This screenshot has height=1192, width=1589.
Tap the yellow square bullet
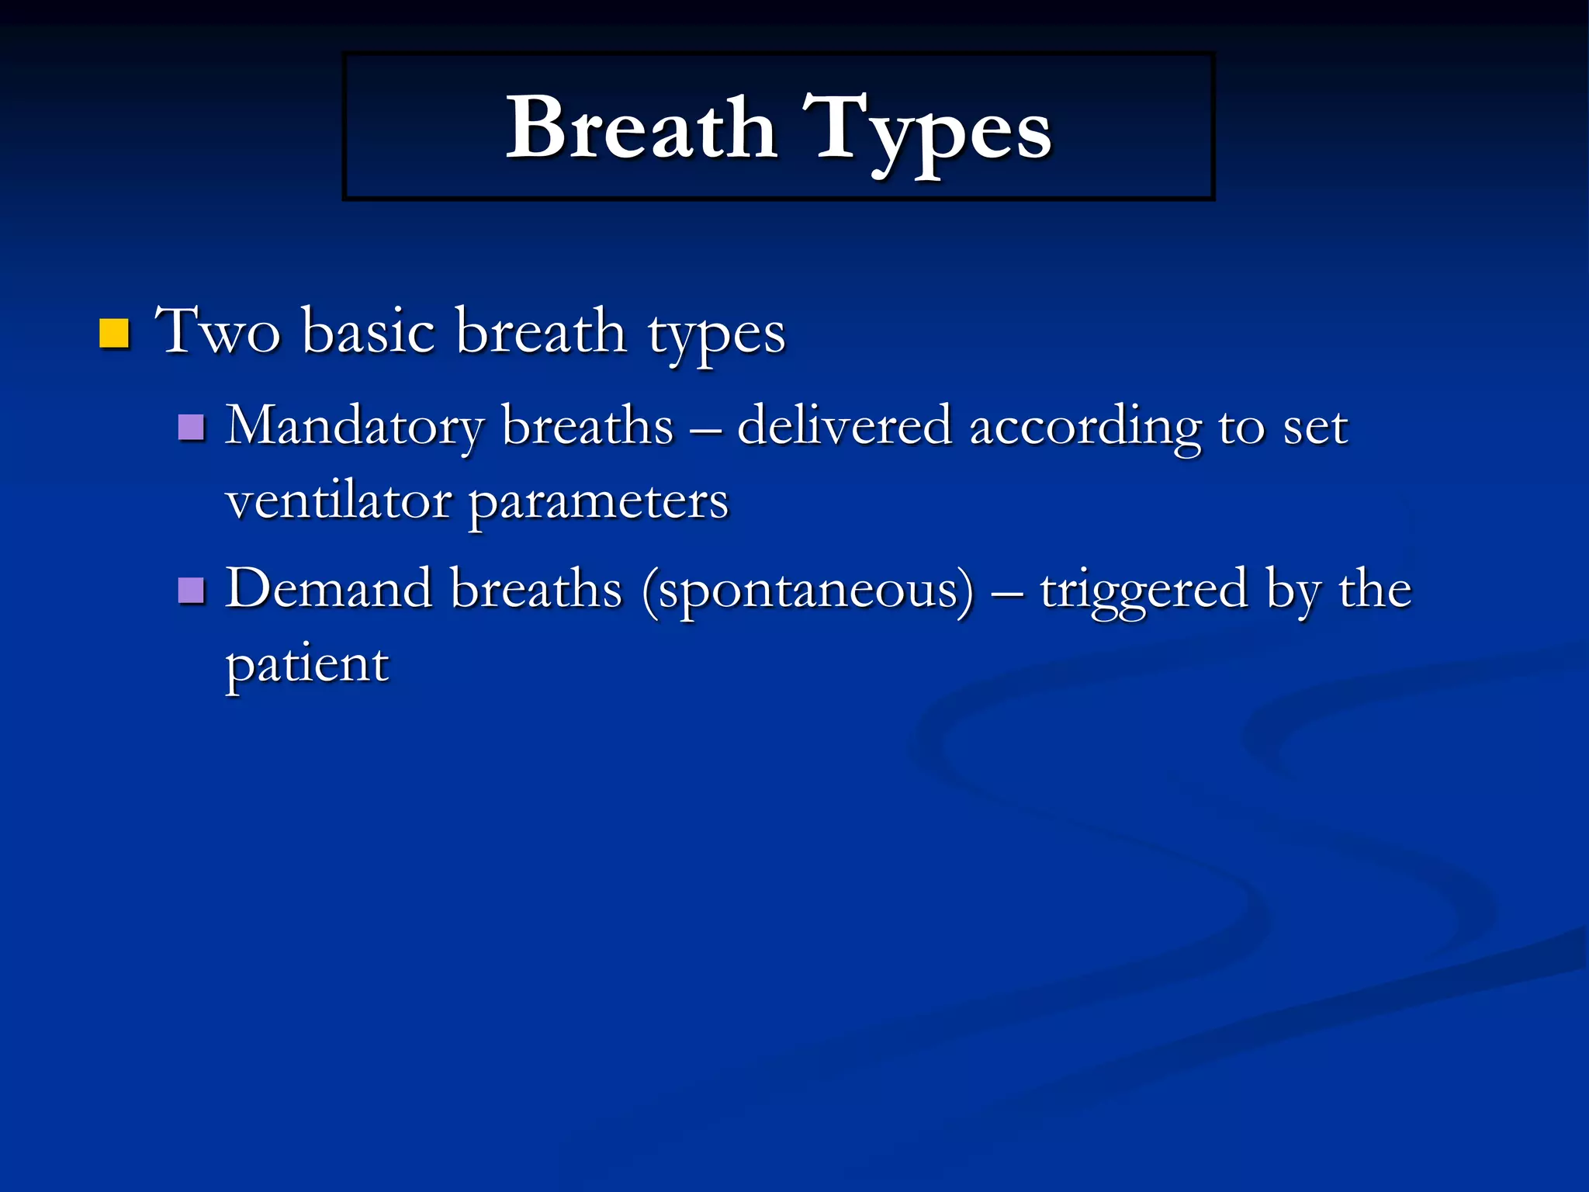pos(114,333)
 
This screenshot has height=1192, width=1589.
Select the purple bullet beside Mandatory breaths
pos(191,427)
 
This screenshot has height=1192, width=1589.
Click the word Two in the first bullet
pos(217,332)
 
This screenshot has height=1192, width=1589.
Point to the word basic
pos(369,332)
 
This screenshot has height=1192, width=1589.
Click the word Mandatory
pos(355,427)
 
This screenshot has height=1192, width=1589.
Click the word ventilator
pos(338,501)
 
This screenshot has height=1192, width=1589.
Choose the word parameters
pos(599,503)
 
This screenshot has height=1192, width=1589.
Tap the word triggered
pos(1144,591)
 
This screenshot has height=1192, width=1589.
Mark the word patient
pos(307,664)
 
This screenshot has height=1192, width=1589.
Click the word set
pos(1316,427)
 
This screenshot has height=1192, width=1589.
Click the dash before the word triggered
pos(1007,592)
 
